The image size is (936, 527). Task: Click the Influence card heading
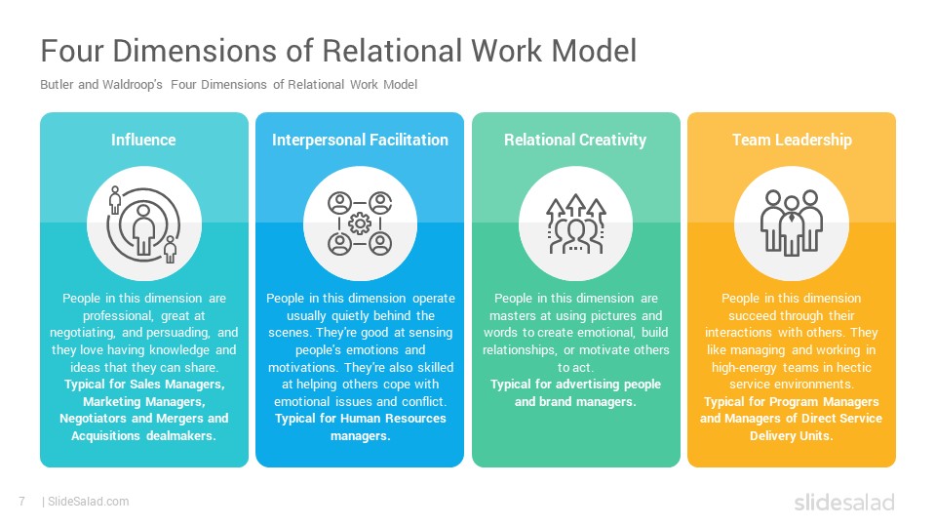143,140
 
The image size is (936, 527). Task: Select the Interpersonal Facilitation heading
360,140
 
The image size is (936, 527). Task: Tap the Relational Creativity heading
575,140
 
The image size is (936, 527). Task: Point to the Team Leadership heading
792,140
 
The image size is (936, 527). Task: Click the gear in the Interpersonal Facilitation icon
360,223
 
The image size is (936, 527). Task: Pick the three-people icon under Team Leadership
792,223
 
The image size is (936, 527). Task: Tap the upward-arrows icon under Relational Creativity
576,223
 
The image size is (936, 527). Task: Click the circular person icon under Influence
143,224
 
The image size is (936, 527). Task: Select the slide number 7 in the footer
22,502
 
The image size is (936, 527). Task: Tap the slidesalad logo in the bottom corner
844,502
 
